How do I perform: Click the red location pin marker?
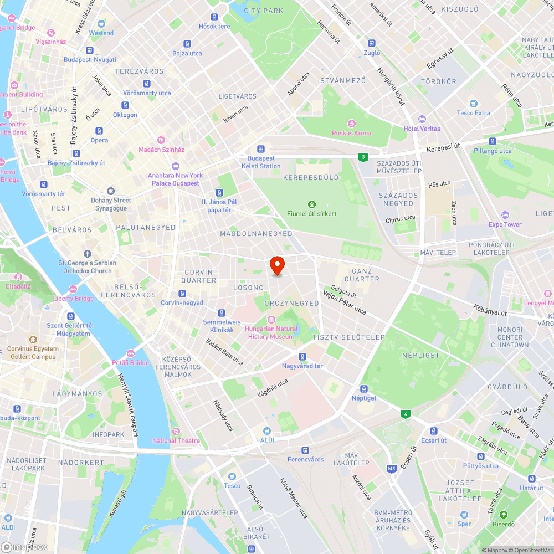(277, 265)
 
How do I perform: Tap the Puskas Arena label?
(351, 133)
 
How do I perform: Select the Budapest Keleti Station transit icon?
(261, 149)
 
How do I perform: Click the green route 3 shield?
(363, 157)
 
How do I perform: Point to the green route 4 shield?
(406, 414)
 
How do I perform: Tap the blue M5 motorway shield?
(392, 469)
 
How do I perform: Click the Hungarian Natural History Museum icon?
(271, 319)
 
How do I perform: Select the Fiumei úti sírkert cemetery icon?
(312, 204)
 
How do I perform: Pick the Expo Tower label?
(505, 224)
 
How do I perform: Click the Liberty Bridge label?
(73, 299)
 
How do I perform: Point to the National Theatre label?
(176, 440)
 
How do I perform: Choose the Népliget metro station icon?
(364, 389)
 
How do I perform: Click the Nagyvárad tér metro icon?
(302, 357)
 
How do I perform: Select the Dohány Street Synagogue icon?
(111, 191)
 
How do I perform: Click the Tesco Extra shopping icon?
(473, 104)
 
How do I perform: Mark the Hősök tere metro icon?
(214, 17)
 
